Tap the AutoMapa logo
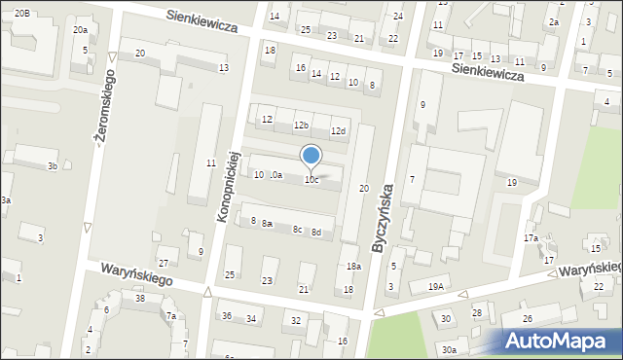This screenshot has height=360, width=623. point(559,341)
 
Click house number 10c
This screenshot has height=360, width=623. point(311,180)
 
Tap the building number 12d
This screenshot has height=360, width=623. point(338,131)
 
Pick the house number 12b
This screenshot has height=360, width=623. point(301,126)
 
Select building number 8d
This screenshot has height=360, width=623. point(315,233)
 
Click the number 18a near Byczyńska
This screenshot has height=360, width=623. point(354,267)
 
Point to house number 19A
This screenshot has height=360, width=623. point(435,286)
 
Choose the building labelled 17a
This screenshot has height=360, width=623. point(531,237)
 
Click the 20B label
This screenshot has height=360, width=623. point(21,12)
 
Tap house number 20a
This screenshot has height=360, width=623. point(80,30)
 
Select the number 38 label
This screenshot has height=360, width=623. point(140,299)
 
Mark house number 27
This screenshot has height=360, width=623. point(165,264)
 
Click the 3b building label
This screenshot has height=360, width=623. point(53,166)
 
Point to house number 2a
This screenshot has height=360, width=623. point(554,21)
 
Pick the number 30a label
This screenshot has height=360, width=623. point(448,350)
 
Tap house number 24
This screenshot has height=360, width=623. point(398,17)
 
